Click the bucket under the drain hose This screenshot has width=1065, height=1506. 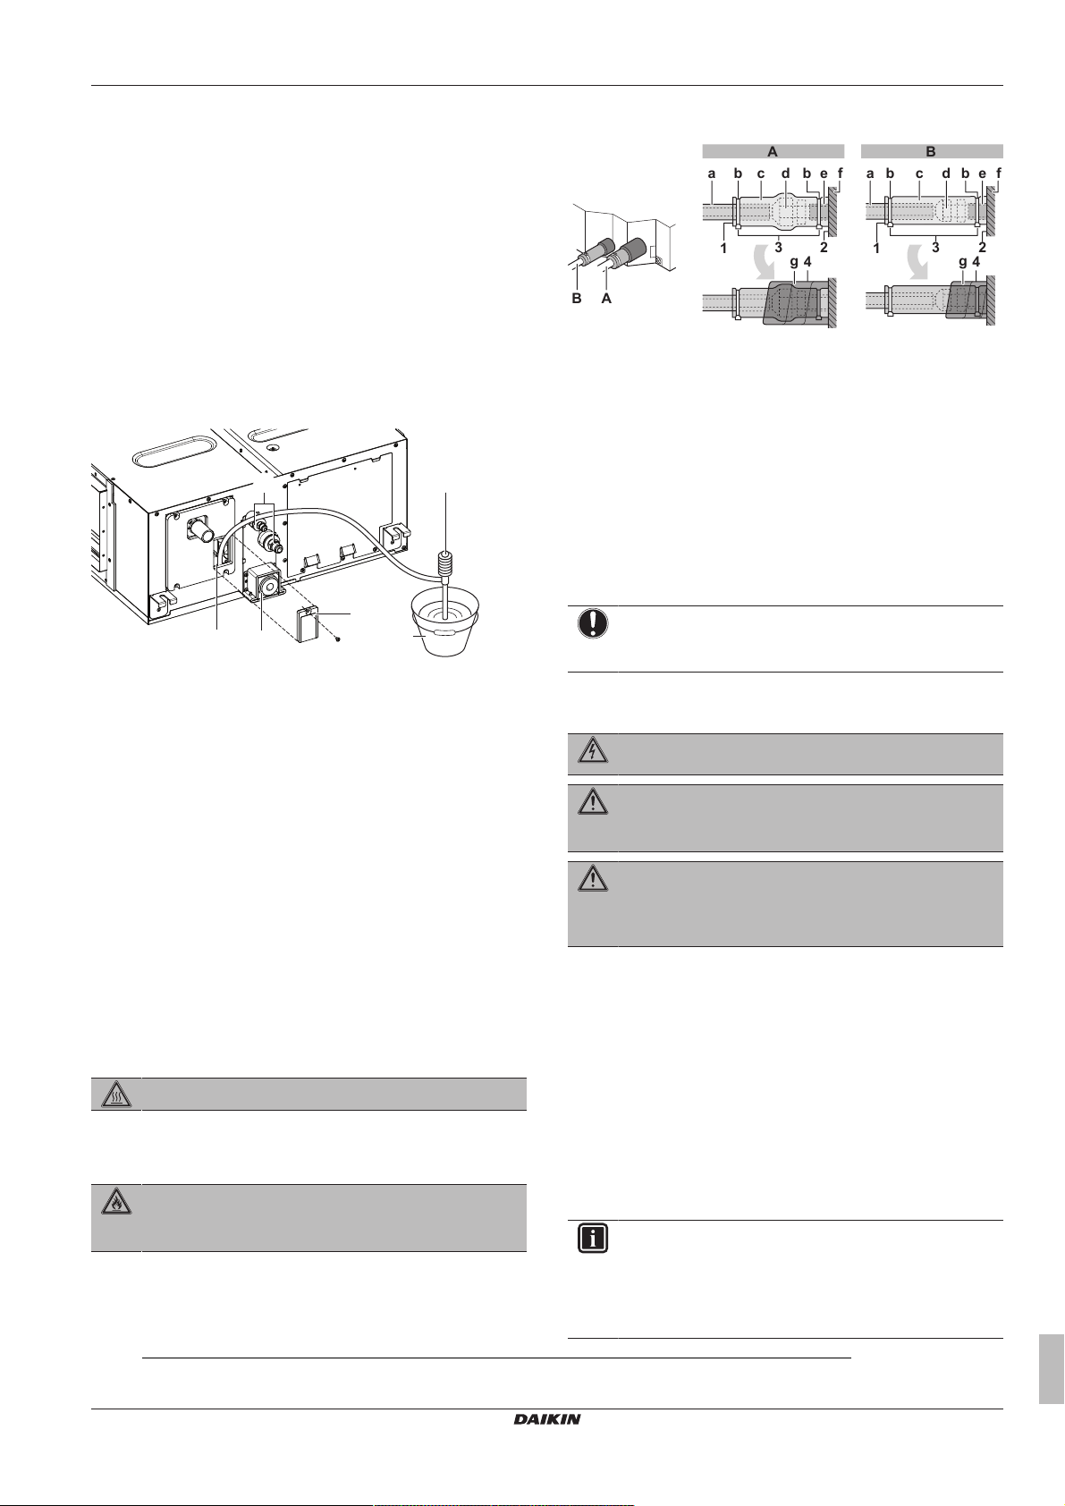click(443, 630)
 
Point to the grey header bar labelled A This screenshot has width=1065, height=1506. click(773, 151)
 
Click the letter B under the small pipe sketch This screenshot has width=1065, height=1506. click(577, 299)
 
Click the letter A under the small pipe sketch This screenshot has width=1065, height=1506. click(606, 299)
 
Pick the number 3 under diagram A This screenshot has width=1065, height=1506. click(778, 247)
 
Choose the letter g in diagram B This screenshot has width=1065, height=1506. click(962, 262)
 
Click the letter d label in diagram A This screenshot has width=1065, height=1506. click(785, 173)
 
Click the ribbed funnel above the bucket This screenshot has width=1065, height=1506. click(444, 566)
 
